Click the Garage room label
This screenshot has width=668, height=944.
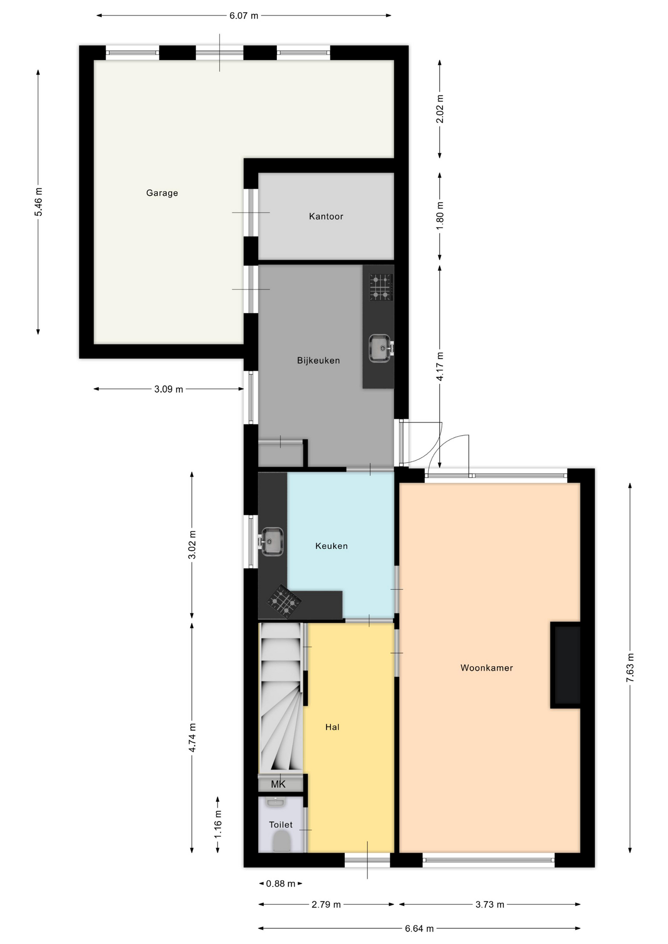(x=162, y=193)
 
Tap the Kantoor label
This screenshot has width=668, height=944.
(x=326, y=216)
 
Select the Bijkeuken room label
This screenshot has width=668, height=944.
(x=318, y=360)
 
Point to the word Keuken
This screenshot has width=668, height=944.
(x=331, y=546)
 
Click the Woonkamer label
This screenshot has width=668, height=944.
(x=486, y=668)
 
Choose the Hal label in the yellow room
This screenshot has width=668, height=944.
(x=332, y=727)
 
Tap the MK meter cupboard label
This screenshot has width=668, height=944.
(x=278, y=784)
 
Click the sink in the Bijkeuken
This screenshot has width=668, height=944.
(x=381, y=348)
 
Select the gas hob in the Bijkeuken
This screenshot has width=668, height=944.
(x=381, y=288)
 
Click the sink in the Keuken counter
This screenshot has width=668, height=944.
(x=271, y=542)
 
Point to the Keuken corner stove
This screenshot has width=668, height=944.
(x=284, y=601)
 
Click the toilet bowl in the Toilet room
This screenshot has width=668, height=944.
(x=281, y=841)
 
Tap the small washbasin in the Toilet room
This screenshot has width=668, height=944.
(x=275, y=802)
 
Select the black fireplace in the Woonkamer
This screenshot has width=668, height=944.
(x=566, y=665)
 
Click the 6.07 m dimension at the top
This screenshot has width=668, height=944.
(x=243, y=16)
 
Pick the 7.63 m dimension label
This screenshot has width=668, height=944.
(x=630, y=668)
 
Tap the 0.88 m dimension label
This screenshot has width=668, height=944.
(x=280, y=884)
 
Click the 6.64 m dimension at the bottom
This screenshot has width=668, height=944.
(x=419, y=928)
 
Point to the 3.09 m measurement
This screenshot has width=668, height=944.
(x=169, y=389)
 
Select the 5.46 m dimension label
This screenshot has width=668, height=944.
(x=38, y=202)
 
